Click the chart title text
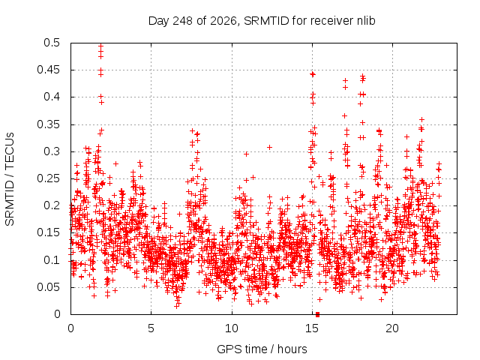click(x=262, y=21)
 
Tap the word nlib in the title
click(x=366, y=21)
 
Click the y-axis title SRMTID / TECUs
click(x=10, y=179)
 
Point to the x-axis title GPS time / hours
click(x=262, y=349)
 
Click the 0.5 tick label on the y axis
click(x=52, y=43)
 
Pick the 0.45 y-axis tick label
click(x=48, y=70)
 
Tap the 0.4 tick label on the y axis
click(x=52, y=97)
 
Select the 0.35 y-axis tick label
click(x=48, y=124)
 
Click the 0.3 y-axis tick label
click(x=52, y=151)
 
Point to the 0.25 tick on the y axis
click(x=48, y=178)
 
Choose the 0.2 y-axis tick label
click(x=52, y=205)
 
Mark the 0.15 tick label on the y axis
click(x=48, y=232)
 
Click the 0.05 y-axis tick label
click(x=48, y=287)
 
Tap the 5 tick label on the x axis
click(x=151, y=328)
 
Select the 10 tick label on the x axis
click(x=232, y=328)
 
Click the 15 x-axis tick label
click(x=312, y=328)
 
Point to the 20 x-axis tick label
click(x=392, y=328)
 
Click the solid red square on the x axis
click(x=317, y=314)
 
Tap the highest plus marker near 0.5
click(x=100, y=46)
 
